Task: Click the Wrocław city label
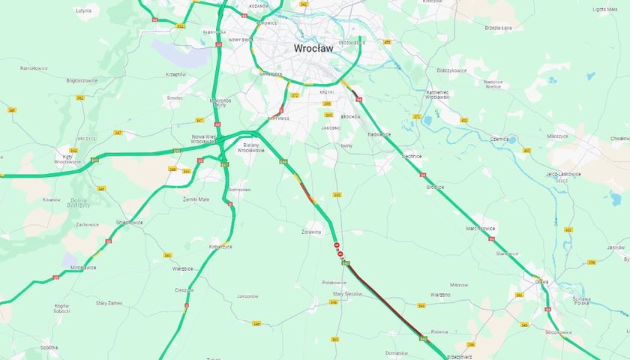tap(313, 48)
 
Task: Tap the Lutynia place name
tap(84, 11)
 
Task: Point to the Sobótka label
tap(49, 347)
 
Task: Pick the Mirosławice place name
tap(83, 267)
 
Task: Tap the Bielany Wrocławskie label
tap(250, 147)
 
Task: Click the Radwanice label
tap(379, 134)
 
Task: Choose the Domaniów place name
tap(396, 352)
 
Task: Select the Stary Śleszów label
tap(347, 293)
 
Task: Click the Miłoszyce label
tap(558, 136)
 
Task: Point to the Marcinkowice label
tap(480, 228)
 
